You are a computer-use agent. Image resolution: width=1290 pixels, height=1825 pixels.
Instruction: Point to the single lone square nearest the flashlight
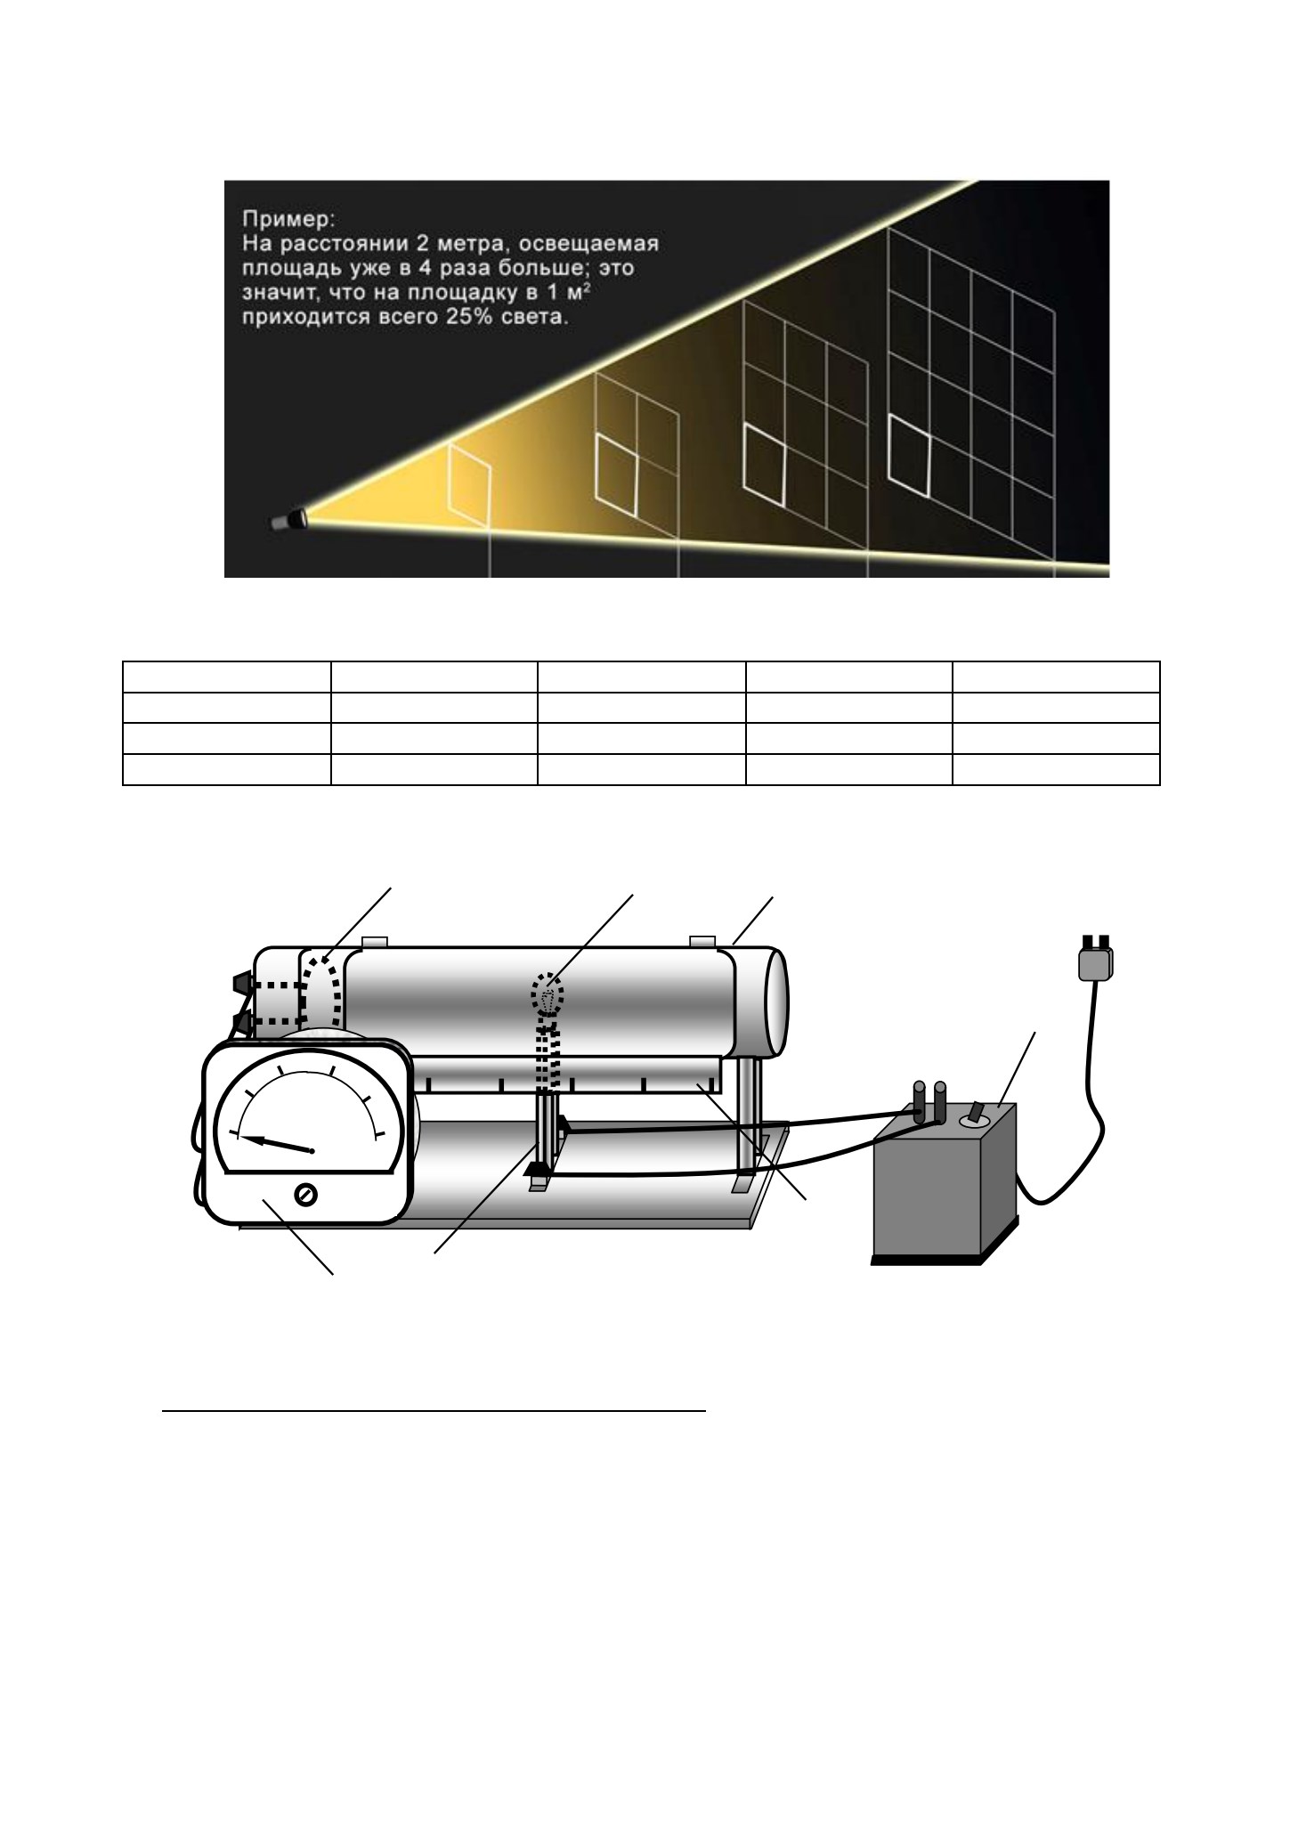[x=469, y=485]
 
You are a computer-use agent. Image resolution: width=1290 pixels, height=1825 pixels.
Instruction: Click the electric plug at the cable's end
[x=1096, y=959]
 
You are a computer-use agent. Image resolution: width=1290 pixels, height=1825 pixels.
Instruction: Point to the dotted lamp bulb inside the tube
[x=548, y=995]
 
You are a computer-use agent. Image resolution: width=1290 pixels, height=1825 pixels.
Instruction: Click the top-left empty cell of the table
[x=226, y=677]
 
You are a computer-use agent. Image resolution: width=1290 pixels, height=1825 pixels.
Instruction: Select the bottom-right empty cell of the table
[x=1056, y=770]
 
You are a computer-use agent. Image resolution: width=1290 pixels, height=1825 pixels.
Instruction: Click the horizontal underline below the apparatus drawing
[x=434, y=1411]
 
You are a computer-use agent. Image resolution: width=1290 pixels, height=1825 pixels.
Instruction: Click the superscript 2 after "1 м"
[x=588, y=288]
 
